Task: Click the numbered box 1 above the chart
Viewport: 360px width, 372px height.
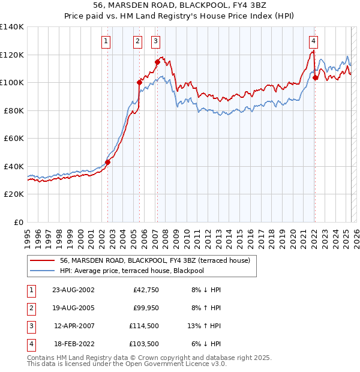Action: (106, 41)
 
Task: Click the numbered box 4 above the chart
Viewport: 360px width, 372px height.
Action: (313, 41)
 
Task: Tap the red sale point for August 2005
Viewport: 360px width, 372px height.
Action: (139, 82)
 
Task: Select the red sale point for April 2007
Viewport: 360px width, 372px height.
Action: (157, 62)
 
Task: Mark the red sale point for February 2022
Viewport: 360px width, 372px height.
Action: (315, 77)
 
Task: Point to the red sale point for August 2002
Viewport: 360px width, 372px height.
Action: (108, 162)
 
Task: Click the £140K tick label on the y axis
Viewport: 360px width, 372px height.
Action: (12, 27)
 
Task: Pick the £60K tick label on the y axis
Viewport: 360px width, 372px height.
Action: (14, 138)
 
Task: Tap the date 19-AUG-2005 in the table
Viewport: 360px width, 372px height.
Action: (73, 308)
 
